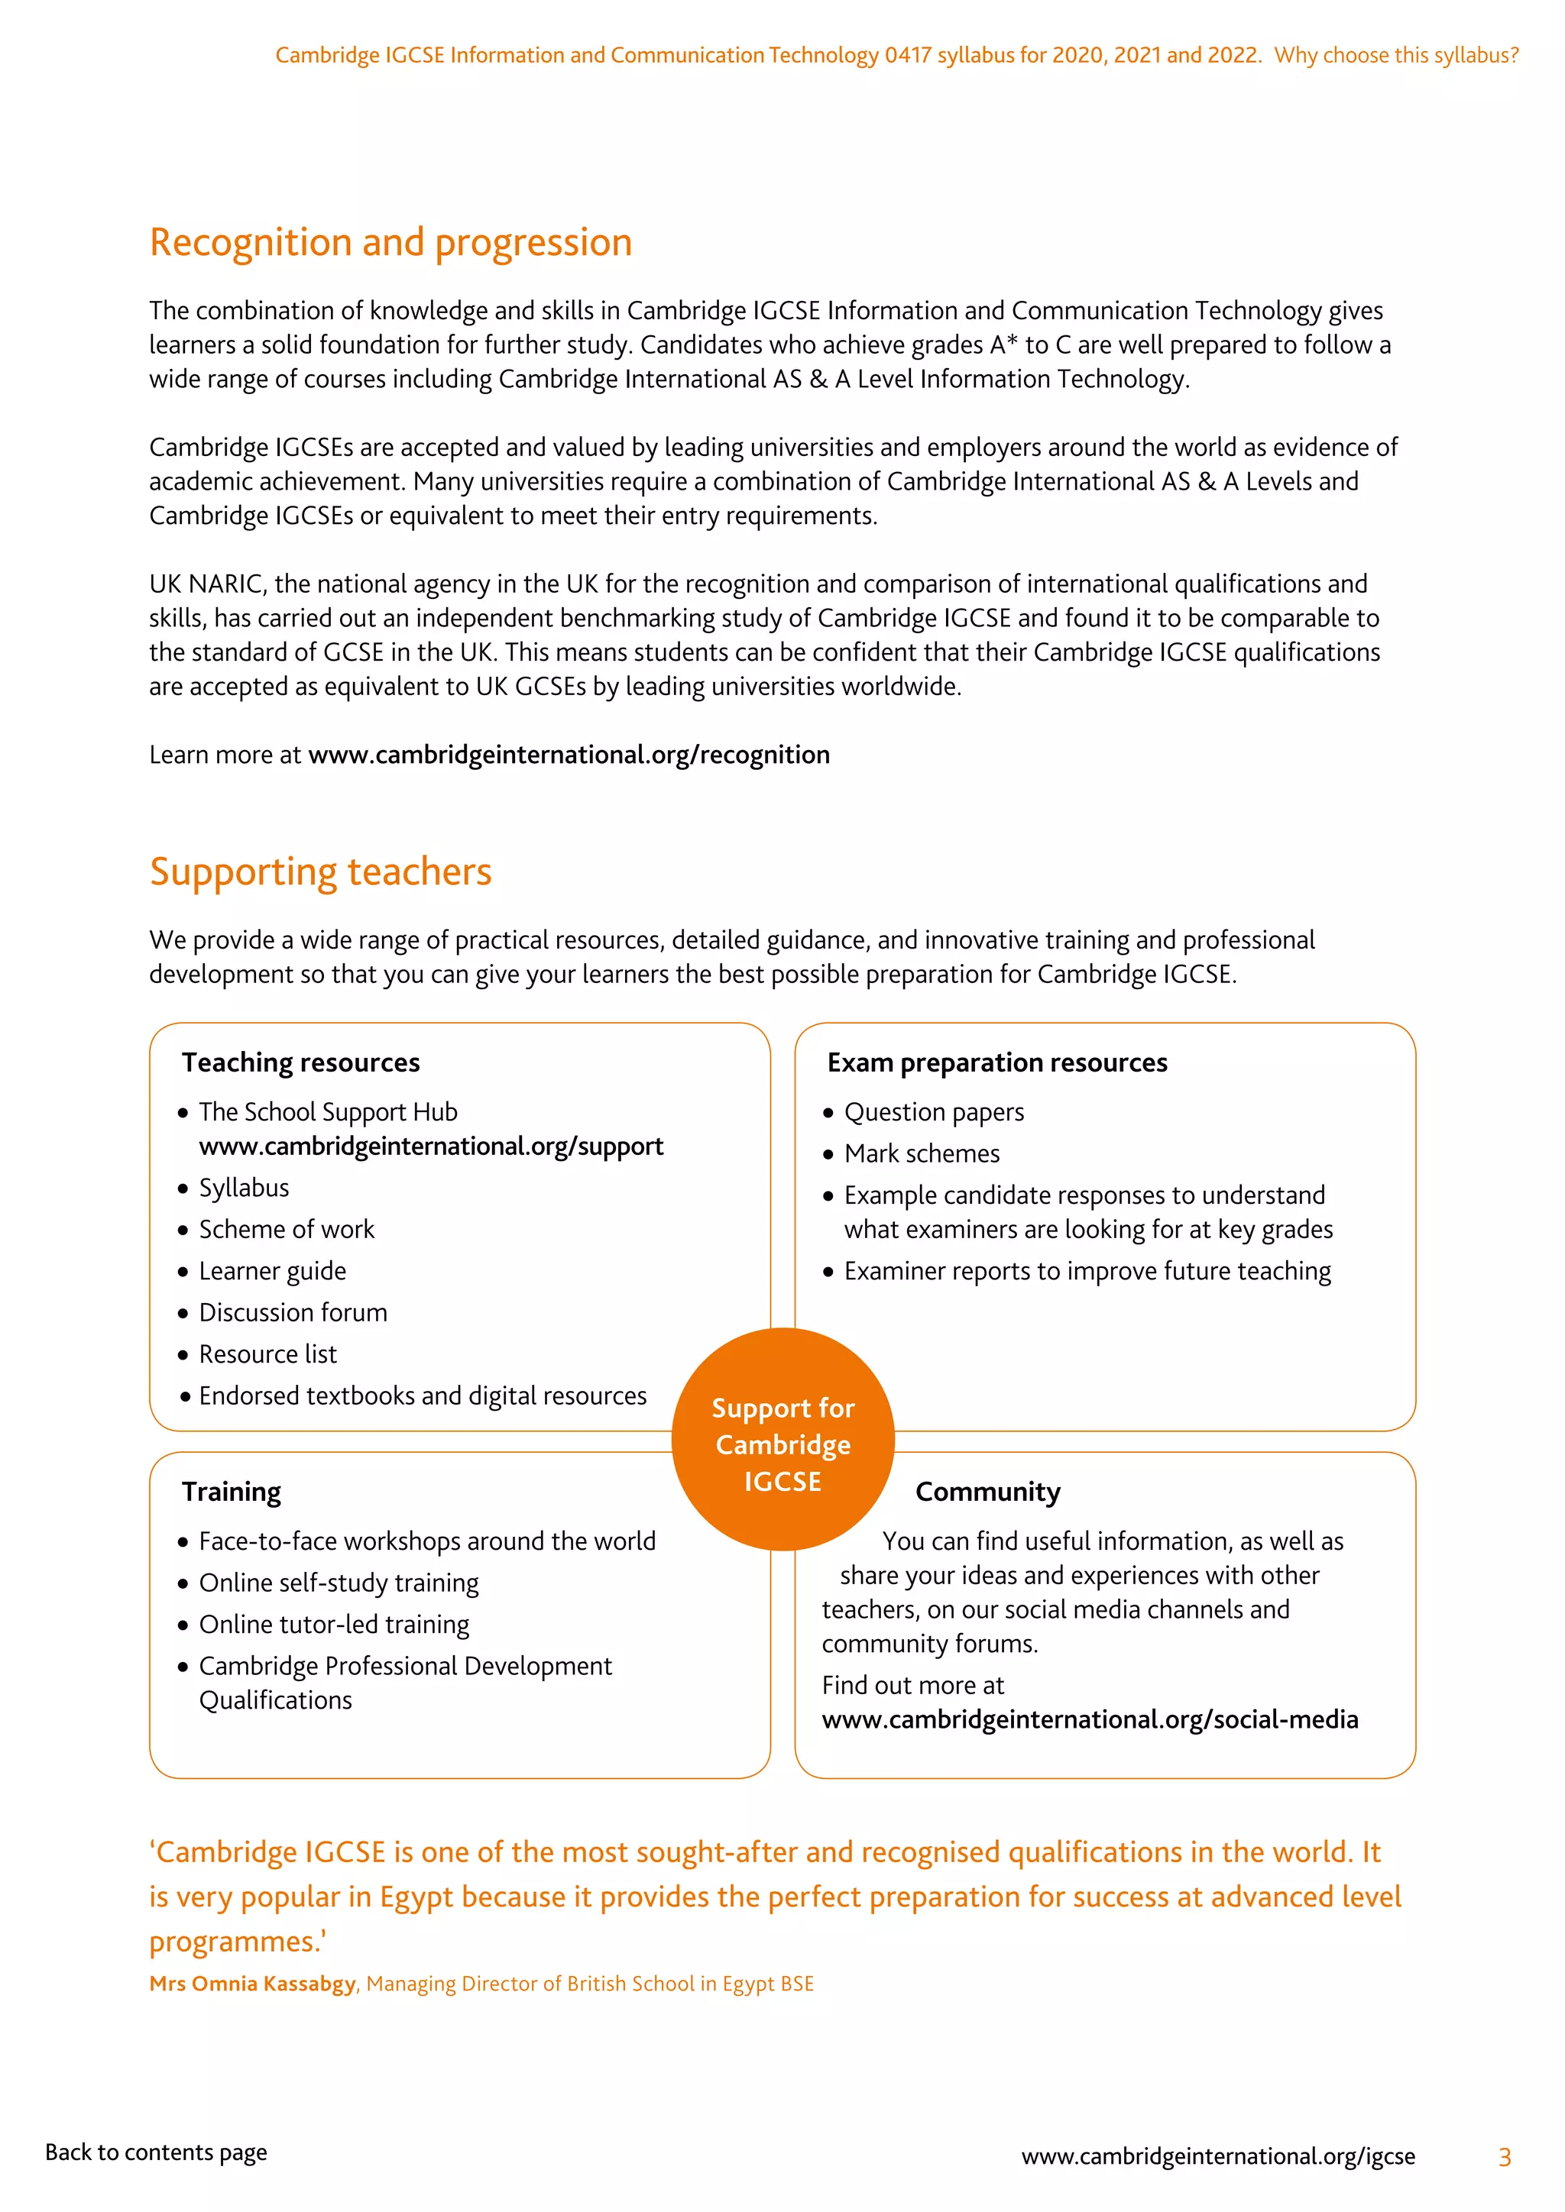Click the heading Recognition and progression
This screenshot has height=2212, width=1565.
click(x=390, y=243)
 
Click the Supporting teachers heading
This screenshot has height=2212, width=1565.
click(x=320, y=872)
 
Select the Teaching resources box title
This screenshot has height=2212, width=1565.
click(x=300, y=1062)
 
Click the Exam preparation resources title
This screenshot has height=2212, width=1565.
click(x=996, y=1062)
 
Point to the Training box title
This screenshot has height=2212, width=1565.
click(x=232, y=1492)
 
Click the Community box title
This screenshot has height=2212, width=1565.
click(x=988, y=1492)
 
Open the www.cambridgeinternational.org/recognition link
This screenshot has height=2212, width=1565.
click(x=569, y=755)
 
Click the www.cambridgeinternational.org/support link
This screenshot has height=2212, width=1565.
click(x=431, y=1146)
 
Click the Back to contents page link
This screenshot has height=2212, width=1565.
click(x=156, y=2152)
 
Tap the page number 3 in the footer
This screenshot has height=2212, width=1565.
click(x=1505, y=2157)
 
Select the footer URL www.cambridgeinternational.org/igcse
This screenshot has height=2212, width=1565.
click(x=1217, y=2156)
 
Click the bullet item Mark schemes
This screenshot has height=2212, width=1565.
click(x=922, y=1154)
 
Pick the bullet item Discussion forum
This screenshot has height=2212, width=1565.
click(x=293, y=1313)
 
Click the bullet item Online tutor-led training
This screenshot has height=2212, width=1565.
click(x=333, y=1625)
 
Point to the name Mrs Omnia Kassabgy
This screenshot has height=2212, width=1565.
click(x=252, y=1984)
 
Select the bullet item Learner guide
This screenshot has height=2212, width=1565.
click(x=272, y=1272)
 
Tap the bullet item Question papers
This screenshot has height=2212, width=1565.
click(x=933, y=1113)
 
